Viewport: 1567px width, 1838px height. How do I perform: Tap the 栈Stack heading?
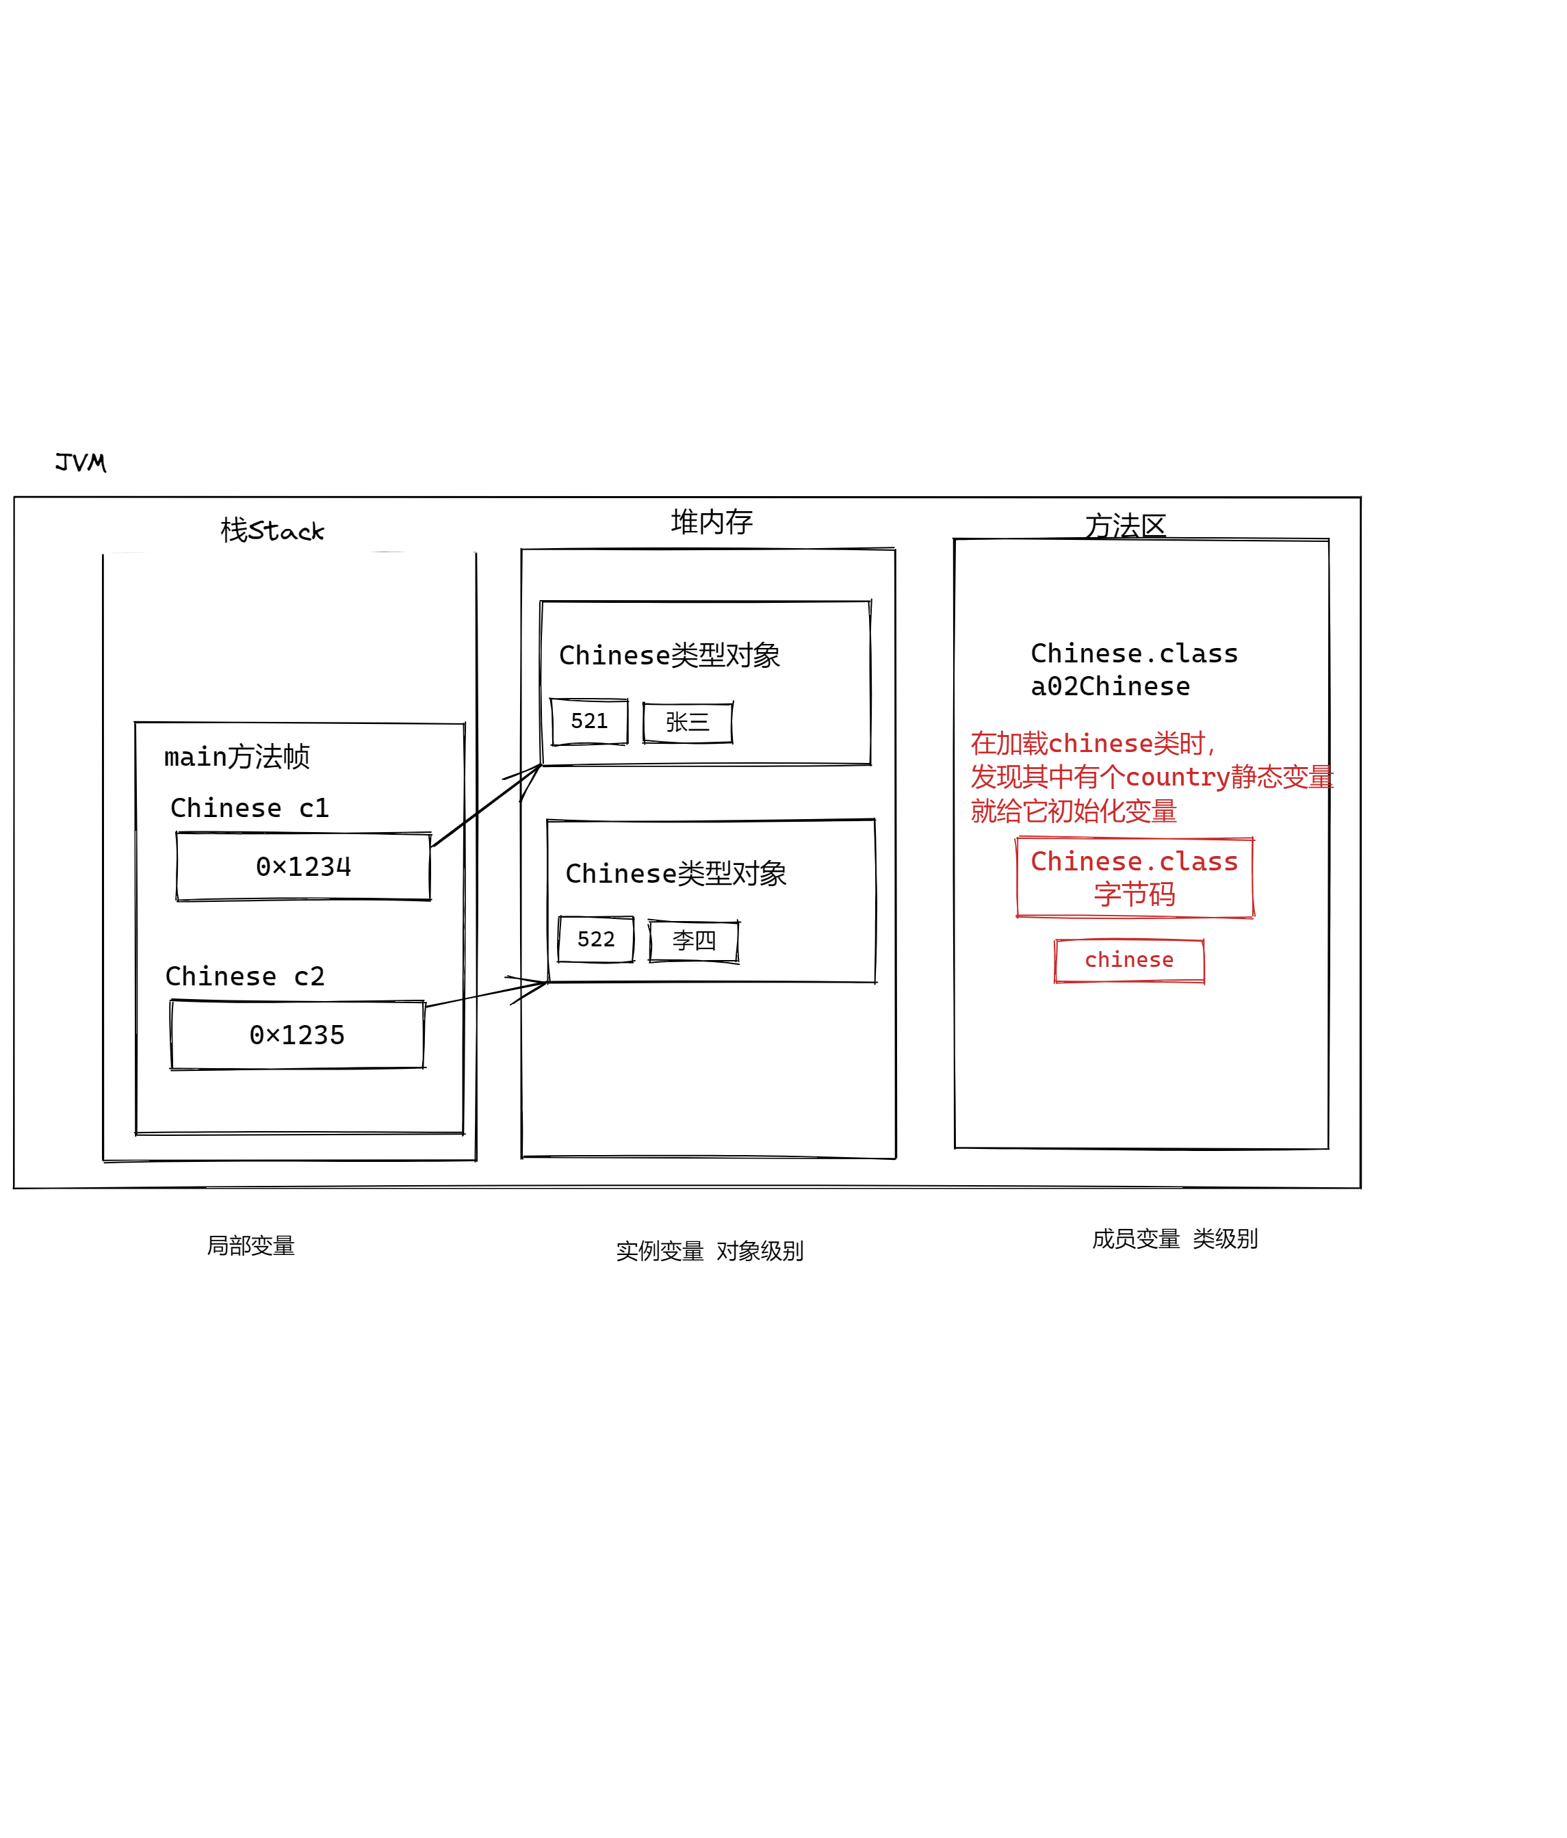tap(272, 530)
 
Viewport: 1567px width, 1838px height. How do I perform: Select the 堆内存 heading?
tap(711, 521)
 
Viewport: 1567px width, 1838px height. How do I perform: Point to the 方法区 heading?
tap(1124, 526)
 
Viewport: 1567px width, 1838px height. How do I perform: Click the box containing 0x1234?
tap(303, 867)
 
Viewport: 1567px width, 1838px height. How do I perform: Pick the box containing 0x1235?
tap(297, 1035)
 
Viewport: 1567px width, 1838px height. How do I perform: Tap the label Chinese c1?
tap(249, 808)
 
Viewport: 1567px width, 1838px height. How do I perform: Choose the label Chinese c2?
tap(245, 976)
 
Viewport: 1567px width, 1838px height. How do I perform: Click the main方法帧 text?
tap(237, 757)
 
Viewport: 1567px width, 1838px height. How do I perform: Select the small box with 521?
tap(589, 722)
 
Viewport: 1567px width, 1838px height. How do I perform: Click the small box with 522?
tap(596, 940)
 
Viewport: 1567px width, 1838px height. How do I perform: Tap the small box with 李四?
tap(693, 941)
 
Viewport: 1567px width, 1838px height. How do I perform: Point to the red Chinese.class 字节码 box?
tap(1135, 877)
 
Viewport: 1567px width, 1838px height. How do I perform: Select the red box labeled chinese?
tap(1129, 961)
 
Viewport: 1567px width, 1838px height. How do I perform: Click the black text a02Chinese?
tap(1111, 686)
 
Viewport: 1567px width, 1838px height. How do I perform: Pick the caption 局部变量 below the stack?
tap(251, 1246)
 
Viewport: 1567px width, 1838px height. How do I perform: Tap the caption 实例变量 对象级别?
tap(710, 1252)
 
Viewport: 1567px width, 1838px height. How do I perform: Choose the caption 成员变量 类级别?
tap(1174, 1239)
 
